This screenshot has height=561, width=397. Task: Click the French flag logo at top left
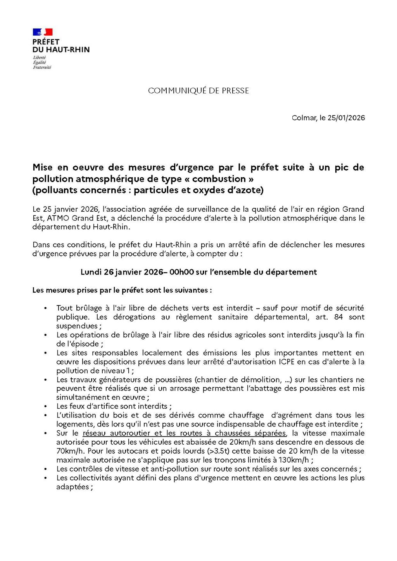coord(43,32)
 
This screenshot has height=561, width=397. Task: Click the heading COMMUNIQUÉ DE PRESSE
coord(198,91)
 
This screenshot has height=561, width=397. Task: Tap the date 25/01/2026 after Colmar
coord(346,118)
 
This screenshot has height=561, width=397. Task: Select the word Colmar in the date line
coord(304,118)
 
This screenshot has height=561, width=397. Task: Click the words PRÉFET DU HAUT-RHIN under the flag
coord(61,46)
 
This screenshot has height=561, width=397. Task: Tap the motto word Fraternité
coord(42,67)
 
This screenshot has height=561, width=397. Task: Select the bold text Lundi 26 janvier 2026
coord(122,272)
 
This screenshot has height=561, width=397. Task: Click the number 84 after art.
coord(338,317)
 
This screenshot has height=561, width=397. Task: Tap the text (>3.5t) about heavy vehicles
coord(218,451)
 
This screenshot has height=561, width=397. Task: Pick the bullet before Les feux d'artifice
coord(46,407)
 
